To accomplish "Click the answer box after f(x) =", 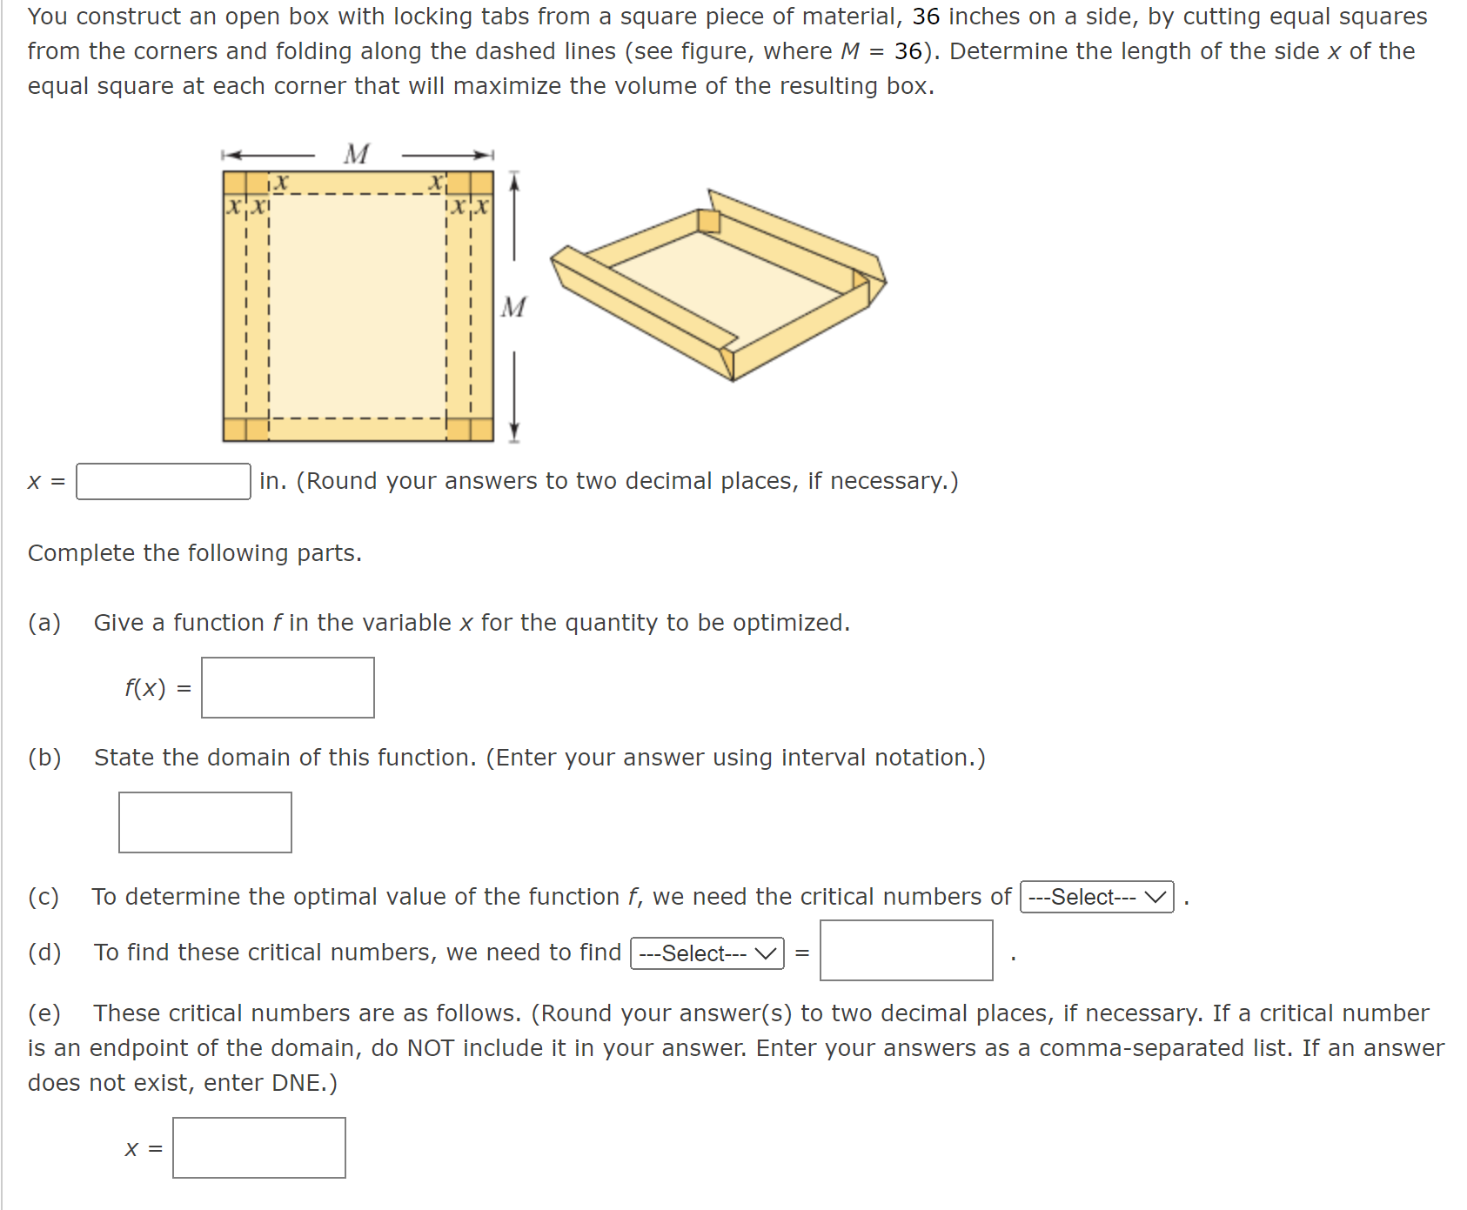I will point(287,687).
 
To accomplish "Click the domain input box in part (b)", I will point(204,822).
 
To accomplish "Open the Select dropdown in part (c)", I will point(1096,897).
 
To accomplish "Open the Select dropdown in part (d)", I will point(707,953).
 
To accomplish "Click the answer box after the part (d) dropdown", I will point(906,951).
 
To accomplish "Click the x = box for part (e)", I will point(258,1148).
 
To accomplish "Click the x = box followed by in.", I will point(163,481).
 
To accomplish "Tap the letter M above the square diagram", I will point(357,154).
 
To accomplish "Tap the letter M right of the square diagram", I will point(513,307).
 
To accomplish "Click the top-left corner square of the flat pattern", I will point(235,183).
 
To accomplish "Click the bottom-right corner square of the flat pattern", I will point(481,429).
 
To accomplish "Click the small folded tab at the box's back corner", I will point(709,221).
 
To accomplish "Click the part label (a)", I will point(44,623).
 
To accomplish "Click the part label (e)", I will point(44,1013).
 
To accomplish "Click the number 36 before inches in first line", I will point(926,17).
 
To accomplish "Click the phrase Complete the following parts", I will point(195,553).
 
